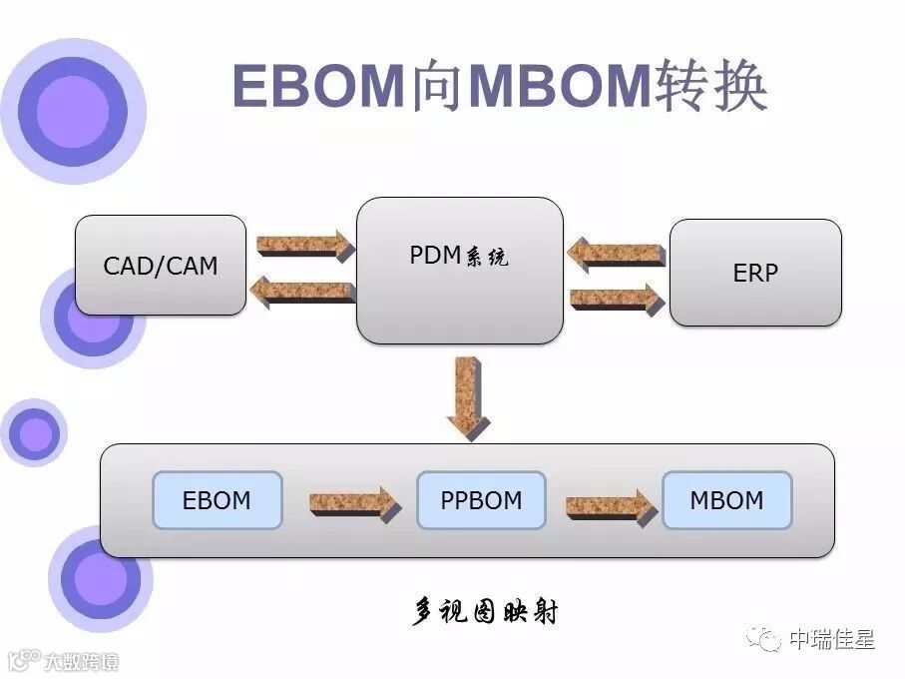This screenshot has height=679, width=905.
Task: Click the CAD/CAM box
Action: tap(161, 266)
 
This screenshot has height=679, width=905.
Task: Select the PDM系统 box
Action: tap(459, 271)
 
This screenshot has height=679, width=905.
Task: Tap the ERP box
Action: tap(755, 273)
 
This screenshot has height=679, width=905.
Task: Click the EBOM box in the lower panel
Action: tap(217, 499)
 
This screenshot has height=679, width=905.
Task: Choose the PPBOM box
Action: tap(481, 499)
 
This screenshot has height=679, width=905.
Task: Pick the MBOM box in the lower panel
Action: tap(726, 499)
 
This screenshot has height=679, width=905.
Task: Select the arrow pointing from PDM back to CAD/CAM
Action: tap(301, 292)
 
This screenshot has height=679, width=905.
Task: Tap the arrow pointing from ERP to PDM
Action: tap(616, 254)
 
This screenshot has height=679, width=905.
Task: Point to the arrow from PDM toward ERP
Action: tap(617, 299)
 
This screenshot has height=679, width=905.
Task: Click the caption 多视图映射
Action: tap(485, 611)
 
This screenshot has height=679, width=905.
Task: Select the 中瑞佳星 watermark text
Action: tap(831, 638)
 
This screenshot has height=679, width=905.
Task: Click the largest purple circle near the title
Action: tap(72, 111)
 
